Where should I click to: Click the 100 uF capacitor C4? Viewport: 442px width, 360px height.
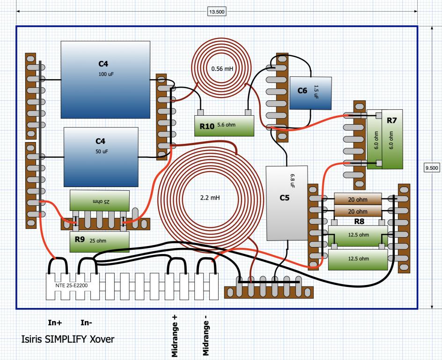pyautogui.click(x=105, y=80)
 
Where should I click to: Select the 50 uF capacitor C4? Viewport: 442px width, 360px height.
pyautogui.click(x=101, y=157)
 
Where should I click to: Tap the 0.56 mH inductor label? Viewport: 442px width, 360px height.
pyautogui.click(x=222, y=68)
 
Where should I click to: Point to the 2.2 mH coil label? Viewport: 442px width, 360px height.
pyautogui.click(x=210, y=198)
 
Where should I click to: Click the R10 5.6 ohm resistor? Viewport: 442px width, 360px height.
pyautogui.click(x=224, y=126)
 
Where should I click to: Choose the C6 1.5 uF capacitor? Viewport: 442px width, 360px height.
pyautogui.click(x=310, y=93)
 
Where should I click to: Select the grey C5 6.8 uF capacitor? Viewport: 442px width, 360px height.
pyautogui.click(x=287, y=203)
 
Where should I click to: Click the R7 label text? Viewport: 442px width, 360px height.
pyautogui.click(x=391, y=120)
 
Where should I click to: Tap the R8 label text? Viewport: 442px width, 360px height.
pyautogui.click(x=359, y=221)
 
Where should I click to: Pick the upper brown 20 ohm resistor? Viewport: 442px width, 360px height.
pyautogui.click(x=358, y=199)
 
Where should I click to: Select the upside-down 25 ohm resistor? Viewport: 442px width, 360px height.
pyautogui.click(x=100, y=201)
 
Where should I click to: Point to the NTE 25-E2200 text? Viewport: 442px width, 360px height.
pyautogui.click(x=72, y=285)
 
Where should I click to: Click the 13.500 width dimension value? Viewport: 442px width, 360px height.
pyautogui.click(x=217, y=12)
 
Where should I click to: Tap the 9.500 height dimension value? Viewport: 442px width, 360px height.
pyautogui.click(x=432, y=168)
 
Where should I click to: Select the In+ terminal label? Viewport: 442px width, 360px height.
pyautogui.click(x=55, y=322)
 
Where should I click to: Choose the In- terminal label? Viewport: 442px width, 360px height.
pyautogui.click(x=86, y=322)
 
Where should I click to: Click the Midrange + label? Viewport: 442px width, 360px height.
pyautogui.click(x=175, y=336)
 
